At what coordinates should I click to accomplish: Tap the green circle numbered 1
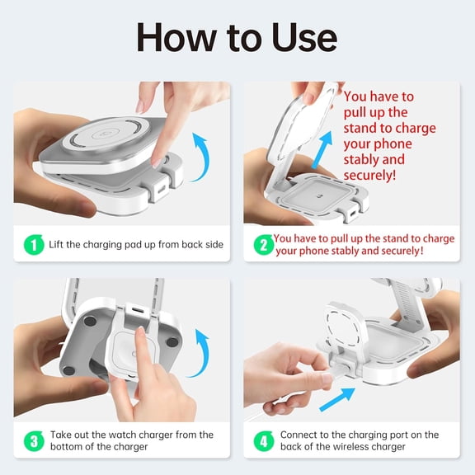click(x=32, y=245)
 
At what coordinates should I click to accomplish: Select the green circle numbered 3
click(x=32, y=440)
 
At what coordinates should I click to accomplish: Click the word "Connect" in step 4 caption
click(x=300, y=435)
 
